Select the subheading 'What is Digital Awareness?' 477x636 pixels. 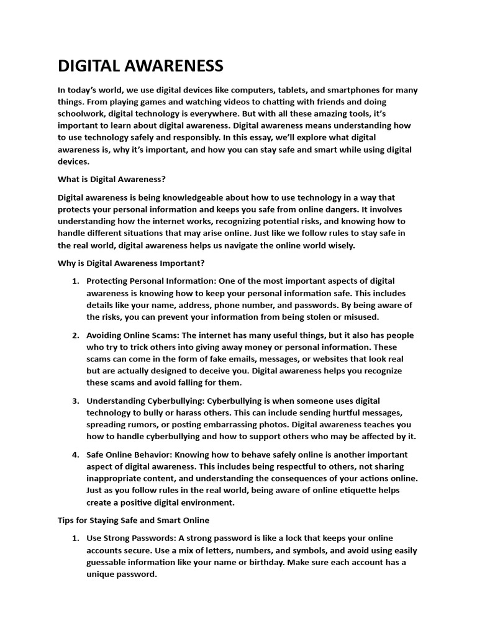(112, 179)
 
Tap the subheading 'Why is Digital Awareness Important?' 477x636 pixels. (127, 263)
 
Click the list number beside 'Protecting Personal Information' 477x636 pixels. (75, 281)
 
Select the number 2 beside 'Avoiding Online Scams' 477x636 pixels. (75, 335)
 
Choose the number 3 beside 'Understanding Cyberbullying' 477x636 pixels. (75, 401)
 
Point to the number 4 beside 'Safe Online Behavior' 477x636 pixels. (75, 455)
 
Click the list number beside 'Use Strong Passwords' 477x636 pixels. (75, 538)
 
